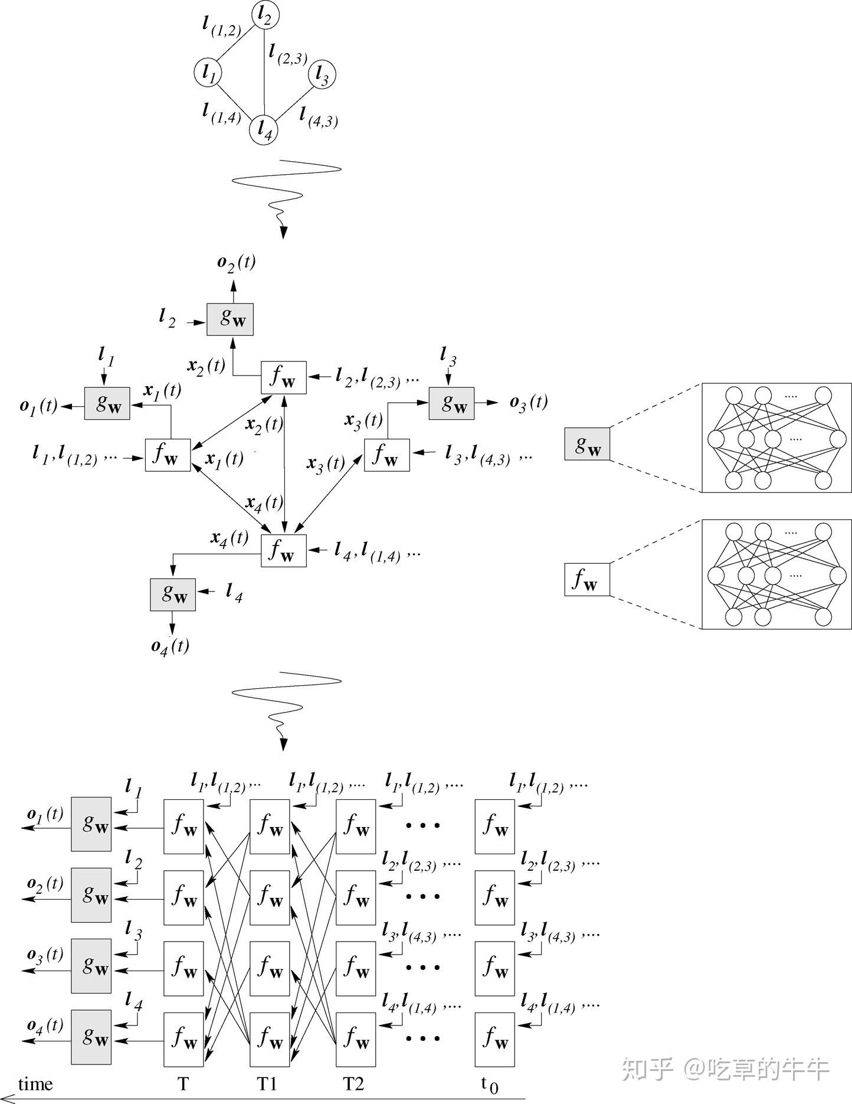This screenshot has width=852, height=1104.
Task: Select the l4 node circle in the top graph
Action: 264,130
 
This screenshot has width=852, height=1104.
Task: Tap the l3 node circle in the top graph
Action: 322,74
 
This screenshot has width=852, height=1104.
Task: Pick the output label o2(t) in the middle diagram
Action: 236,263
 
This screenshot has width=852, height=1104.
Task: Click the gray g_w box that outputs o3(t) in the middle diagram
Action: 451,403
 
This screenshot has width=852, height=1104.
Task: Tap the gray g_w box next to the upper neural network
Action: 587,444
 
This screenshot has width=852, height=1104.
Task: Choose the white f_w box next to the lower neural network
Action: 587,579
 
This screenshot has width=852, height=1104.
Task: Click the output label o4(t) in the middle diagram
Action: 170,646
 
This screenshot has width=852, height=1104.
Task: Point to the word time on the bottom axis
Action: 35,1084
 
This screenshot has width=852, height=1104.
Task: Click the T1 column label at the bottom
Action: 267,1084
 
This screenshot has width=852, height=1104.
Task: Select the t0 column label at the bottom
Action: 490,1084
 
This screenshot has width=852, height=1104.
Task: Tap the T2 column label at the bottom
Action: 354,1084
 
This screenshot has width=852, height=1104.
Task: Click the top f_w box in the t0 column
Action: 494,827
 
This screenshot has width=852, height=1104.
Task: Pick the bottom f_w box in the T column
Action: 183,1039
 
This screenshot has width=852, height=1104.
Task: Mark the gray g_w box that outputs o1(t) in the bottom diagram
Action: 91,824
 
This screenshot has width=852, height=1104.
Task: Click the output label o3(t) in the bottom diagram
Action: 45,955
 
